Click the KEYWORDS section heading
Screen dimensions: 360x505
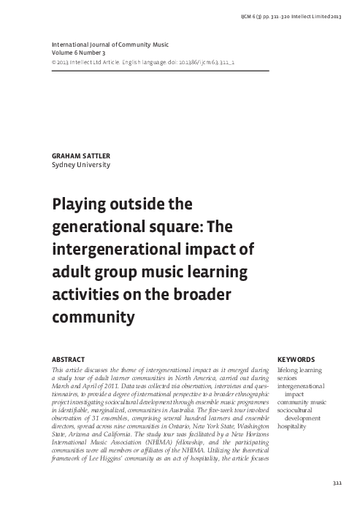pyautogui.click(x=296, y=360)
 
